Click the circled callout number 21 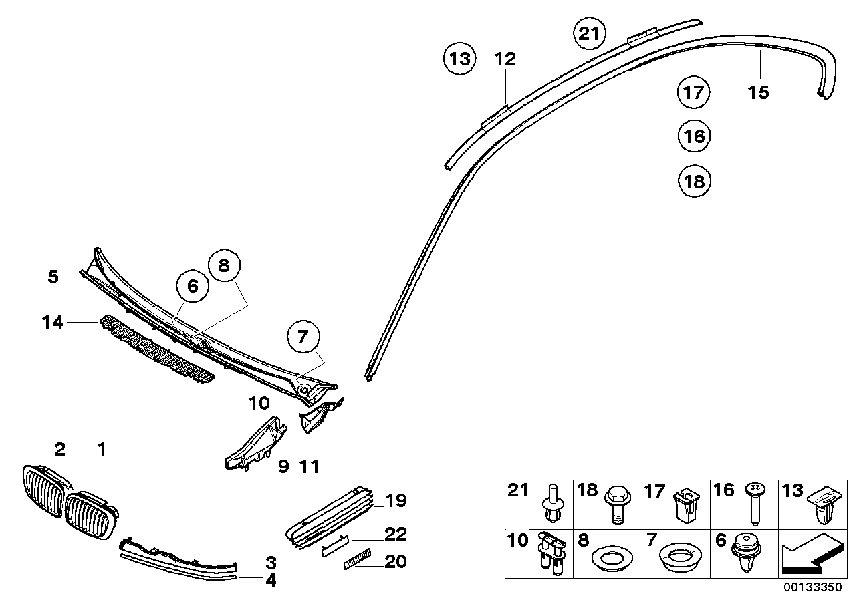coord(589,34)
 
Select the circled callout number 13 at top coord(460,59)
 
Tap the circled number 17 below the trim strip coord(694,92)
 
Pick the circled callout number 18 coord(694,181)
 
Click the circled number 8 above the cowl coord(223,265)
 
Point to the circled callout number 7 coord(303,337)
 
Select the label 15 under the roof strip coord(759,92)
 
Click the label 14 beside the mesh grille coord(52,323)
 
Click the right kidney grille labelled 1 coord(90,514)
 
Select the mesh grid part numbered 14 coord(157,351)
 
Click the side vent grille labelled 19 coord(331,516)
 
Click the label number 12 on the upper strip coord(505,59)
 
